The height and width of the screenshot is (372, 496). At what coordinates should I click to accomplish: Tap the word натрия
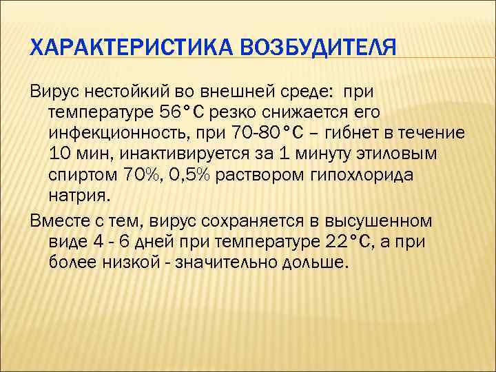click(79, 196)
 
